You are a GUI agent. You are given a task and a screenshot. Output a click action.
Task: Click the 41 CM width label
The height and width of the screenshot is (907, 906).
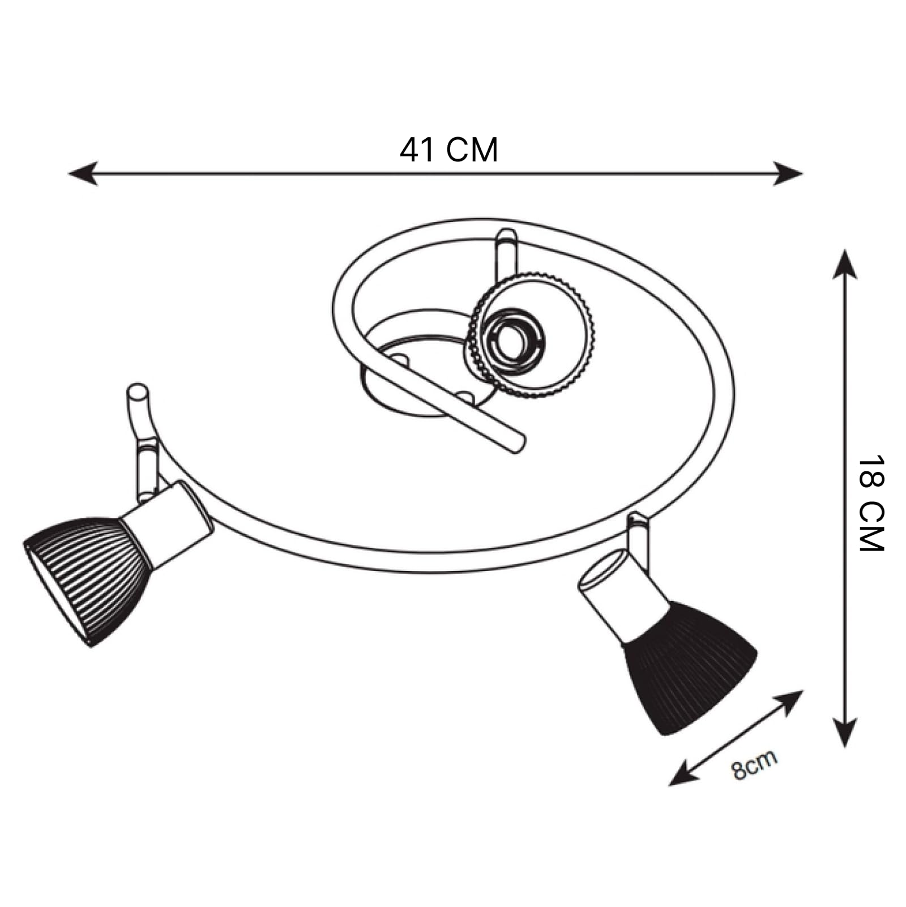(x=449, y=150)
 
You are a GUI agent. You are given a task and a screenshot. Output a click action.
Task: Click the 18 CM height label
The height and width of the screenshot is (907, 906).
(x=871, y=503)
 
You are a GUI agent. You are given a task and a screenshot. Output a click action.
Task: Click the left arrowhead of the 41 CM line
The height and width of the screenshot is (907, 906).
(x=83, y=173)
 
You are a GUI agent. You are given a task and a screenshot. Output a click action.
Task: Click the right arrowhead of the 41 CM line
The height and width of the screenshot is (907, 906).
(x=788, y=173)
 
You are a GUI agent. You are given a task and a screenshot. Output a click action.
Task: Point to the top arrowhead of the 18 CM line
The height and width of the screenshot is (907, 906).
(x=844, y=265)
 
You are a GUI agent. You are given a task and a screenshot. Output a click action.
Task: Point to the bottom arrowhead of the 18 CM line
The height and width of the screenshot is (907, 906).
(x=844, y=733)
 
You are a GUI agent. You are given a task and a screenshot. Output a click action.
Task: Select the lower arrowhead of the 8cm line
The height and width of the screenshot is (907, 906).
(x=683, y=774)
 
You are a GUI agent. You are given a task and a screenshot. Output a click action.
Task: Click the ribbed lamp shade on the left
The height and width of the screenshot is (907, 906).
(x=88, y=578)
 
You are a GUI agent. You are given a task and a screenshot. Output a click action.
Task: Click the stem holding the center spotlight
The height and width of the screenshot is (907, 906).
(x=506, y=255)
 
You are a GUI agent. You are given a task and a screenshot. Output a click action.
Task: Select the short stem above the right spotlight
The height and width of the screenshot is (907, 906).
(x=638, y=538)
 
